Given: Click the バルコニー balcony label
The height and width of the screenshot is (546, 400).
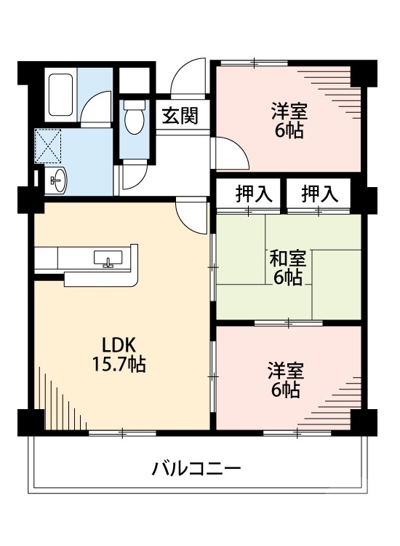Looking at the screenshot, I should click(196, 467).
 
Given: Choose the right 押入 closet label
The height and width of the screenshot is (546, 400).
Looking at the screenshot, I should click(320, 194).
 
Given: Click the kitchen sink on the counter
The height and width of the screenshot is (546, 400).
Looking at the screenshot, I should click(108, 258).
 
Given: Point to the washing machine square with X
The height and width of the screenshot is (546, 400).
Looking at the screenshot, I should click(48, 145).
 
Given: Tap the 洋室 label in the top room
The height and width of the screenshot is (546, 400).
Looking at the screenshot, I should click(289, 112).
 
